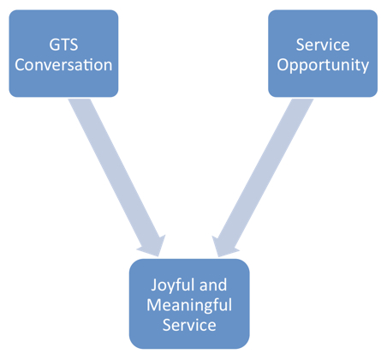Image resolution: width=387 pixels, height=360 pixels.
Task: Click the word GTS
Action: pyautogui.click(x=64, y=43)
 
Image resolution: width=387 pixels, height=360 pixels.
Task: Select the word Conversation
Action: pyautogui.click(x=64, y=64)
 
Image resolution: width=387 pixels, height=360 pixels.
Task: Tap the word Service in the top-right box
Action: pyautogui.click(x=323, y=43)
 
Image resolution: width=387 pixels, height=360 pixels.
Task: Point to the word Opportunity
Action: pyautogui.click(x=323, y=64)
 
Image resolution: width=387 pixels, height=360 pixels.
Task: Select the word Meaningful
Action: pyautogui.click(x=188, y=304)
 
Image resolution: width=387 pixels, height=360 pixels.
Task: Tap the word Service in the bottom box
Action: pyautogui.click(x=188, y=326)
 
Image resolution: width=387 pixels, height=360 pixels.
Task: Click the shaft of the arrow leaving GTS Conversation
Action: pyautogui.click(x=116, y=163)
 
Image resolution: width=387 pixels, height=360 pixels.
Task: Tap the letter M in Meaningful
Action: pyautogui.click(x=154, y=304)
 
